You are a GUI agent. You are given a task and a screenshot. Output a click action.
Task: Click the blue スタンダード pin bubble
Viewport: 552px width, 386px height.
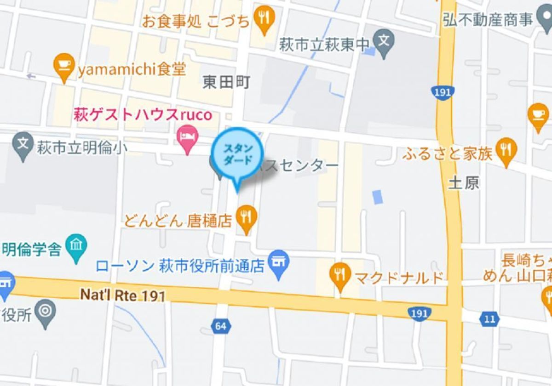[237, 154]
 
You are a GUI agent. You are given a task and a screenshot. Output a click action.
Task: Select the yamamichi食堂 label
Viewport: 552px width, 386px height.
[132, 70]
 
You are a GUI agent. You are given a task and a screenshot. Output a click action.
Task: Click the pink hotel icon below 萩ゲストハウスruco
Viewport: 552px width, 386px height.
[188, 137]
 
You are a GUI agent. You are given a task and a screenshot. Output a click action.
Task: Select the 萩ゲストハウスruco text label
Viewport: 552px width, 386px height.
[143, 114]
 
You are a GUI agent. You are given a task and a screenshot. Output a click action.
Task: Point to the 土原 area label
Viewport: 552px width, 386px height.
[463, 183]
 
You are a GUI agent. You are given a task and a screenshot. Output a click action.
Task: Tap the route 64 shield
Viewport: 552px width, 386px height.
[220, 326]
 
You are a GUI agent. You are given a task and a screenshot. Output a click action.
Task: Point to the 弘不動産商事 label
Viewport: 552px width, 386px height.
[488, 20]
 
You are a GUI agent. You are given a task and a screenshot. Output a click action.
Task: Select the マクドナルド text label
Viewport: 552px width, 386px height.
[399, 278]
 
